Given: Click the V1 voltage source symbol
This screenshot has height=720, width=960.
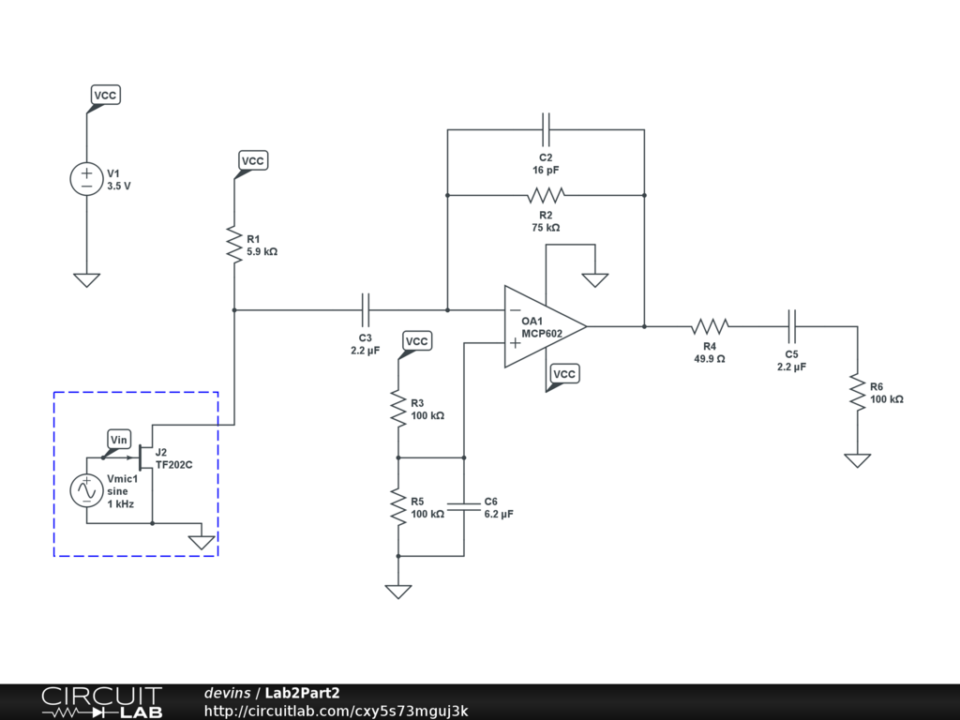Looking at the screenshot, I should tap(86, 179).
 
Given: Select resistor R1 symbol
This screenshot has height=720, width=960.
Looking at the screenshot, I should tap(232, 244).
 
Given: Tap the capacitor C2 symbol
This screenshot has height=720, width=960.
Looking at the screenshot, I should tap(547, 129).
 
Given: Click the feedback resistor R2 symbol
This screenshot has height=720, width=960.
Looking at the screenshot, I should tap(546, 195).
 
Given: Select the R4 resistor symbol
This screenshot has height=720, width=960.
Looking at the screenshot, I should tap(711, 326).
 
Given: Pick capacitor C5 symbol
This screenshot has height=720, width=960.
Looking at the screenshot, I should tap(792, 326).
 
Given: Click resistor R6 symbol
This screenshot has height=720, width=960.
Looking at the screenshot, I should tap(857, 391).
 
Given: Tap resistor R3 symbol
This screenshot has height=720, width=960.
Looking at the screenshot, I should tap(397, 407).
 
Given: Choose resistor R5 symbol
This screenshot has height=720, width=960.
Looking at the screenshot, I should tap(397, 506).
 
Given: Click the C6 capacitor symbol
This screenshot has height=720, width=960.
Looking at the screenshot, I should tap(463, 506).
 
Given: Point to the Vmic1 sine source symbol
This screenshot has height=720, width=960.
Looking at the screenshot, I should tap(86, 490).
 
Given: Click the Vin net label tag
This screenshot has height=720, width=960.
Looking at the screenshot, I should tap(119, 440).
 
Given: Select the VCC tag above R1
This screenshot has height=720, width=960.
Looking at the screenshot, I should tap(253, 161).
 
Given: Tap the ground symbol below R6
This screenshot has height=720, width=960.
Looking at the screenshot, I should tap(857, 460).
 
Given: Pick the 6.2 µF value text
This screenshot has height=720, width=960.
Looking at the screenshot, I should tap(499, 515).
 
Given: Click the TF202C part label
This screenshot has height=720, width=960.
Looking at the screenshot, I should tap(174, 464).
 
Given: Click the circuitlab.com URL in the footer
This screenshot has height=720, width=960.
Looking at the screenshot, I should tap(336, 711).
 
